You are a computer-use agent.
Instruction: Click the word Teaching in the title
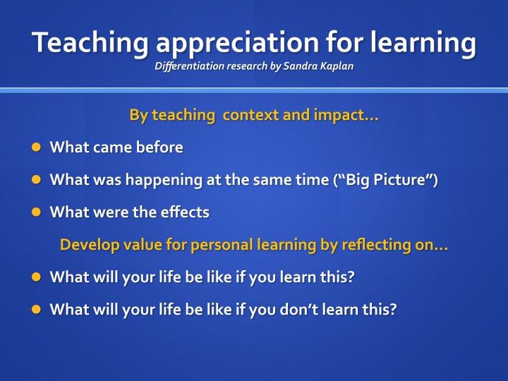click(90, 43)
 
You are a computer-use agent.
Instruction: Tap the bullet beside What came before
click(36, 147)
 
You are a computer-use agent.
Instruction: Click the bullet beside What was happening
click(36, 179)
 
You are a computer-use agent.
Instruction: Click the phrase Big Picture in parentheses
click(385, 180)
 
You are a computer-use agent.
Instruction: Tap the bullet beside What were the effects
click(36, 212)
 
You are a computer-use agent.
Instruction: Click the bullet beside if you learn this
click(36, 277)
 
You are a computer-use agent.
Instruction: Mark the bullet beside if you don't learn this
click(36, 309)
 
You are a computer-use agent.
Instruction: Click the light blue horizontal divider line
click(254, 90)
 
